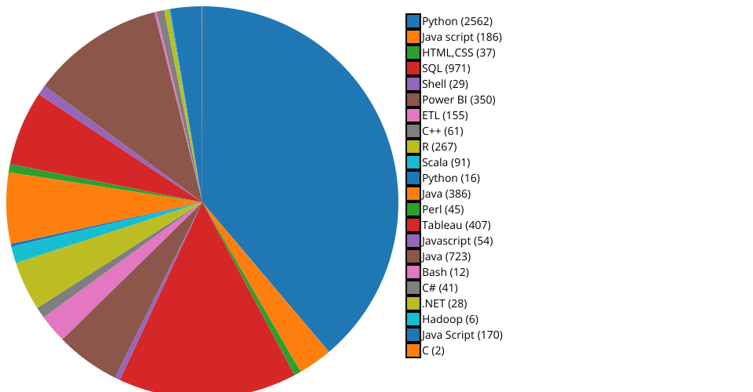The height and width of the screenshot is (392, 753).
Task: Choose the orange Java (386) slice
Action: point(55,208)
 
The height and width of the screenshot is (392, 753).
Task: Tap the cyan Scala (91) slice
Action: point(31,249)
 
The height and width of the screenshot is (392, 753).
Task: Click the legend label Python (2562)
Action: point(457,21)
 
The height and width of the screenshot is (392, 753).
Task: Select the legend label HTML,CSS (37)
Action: point(458,53)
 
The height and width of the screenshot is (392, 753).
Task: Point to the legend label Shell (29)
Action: point(445,84)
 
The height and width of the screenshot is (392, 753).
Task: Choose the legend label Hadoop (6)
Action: point(449,319)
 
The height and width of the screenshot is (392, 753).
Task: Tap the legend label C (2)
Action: point(433,350)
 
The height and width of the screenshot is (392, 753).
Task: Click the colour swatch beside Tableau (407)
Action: point(413,225)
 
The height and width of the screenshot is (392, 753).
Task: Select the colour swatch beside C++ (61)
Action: point(413,131)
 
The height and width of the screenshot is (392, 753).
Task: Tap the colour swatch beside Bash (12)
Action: point(413,272)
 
